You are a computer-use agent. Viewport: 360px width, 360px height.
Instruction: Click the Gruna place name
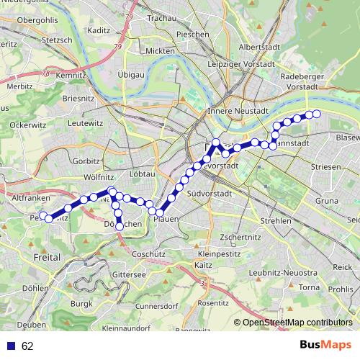(326, 201)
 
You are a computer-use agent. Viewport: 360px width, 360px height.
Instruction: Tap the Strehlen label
(276, 220)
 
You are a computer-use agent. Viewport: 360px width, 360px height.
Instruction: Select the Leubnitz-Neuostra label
(285, 274)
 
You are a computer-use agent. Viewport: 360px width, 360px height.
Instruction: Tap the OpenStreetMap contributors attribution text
(297, 323)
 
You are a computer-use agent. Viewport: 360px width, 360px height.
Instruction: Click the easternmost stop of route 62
(315, 114)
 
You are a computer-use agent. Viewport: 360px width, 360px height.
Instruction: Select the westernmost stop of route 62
(43, 215)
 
